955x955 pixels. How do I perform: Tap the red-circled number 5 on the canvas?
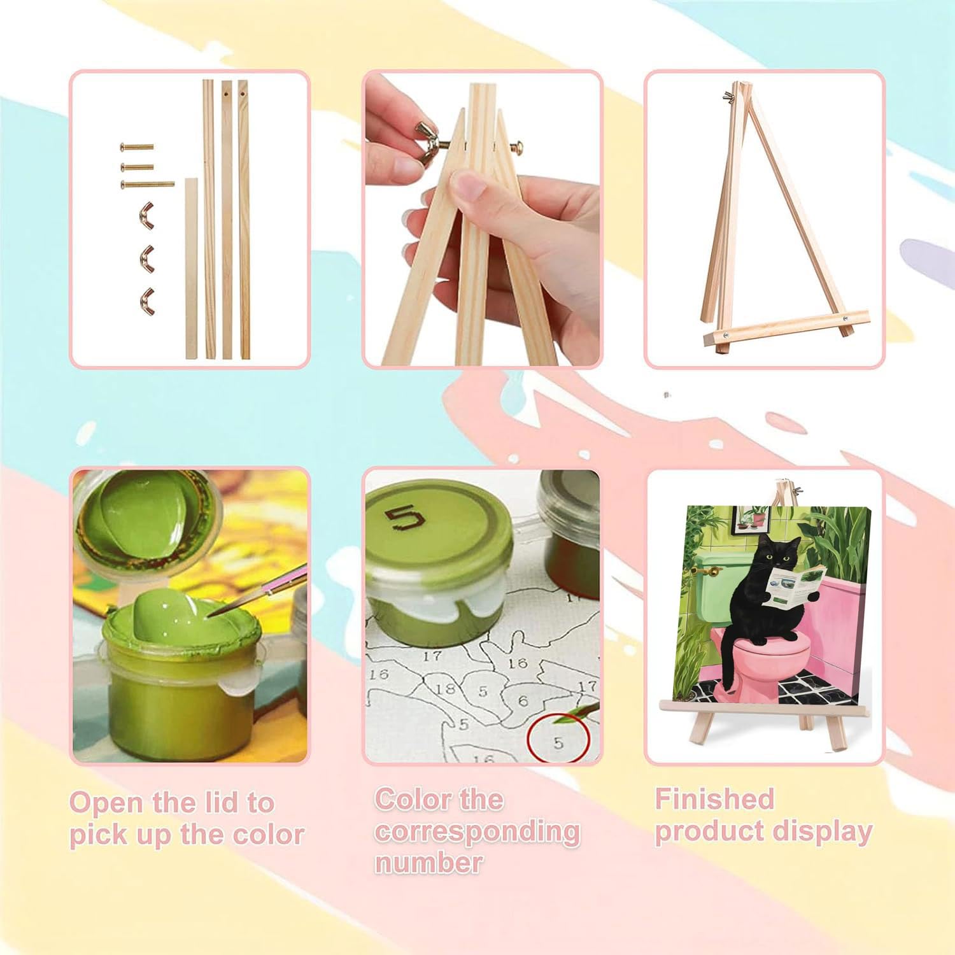point(558,742)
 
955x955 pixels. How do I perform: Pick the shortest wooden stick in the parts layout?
point(192,267)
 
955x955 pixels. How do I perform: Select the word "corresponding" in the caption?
point(477,831)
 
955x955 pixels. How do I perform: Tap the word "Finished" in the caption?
point(714,799)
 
